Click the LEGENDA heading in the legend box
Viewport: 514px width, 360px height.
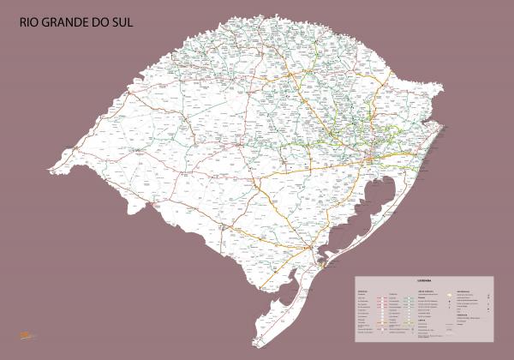[424, 279]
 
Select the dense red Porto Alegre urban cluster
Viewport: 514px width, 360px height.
[368, 158]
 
